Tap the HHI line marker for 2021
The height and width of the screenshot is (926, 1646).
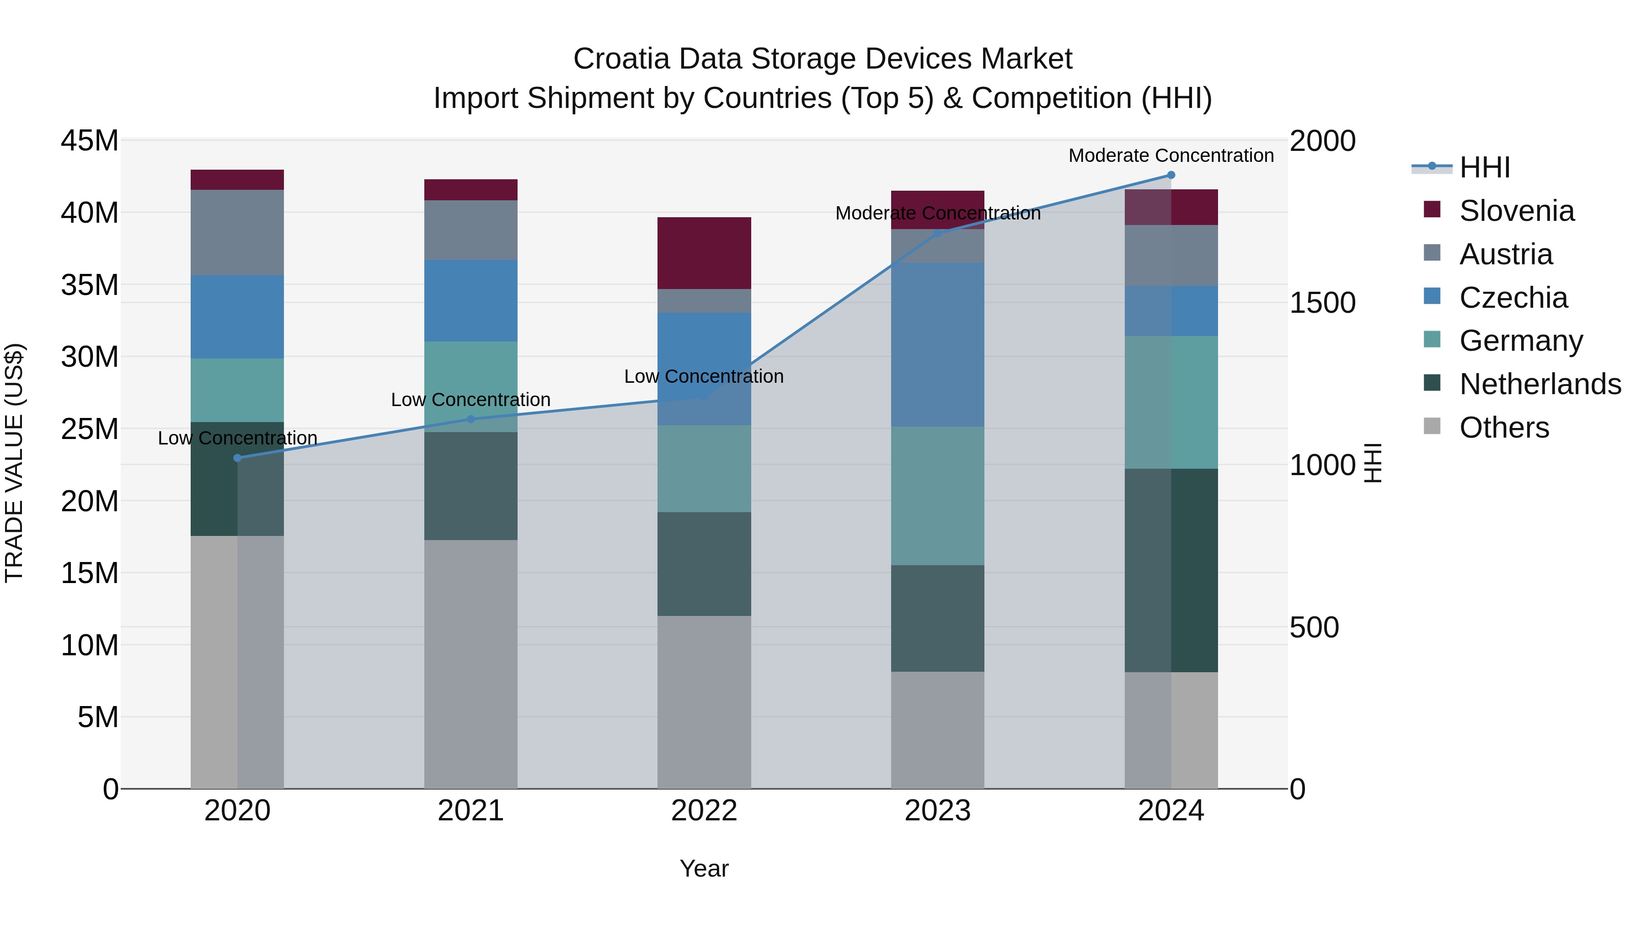pos(471,419)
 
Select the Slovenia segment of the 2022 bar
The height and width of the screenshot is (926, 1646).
pos(704,253)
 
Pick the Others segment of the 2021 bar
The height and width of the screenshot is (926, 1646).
pos(471,664)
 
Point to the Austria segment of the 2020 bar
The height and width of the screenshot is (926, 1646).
pos(237,233)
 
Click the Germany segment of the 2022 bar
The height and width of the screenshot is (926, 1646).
pos(704,468)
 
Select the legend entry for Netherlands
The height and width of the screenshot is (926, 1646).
pos(1540,384)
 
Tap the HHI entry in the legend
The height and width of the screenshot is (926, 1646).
pos(1484,167)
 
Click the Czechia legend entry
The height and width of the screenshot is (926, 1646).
pos(1513,298)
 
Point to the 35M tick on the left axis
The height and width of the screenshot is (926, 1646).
pos(90,285)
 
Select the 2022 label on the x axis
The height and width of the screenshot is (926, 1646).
pos(704,811)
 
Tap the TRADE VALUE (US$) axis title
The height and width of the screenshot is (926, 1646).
pos(15,463)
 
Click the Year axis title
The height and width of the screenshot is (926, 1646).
pos(704,868)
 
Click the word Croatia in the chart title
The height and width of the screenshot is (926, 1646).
pos(621,59)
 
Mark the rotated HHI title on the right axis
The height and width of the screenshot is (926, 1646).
pos(1373,463)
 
